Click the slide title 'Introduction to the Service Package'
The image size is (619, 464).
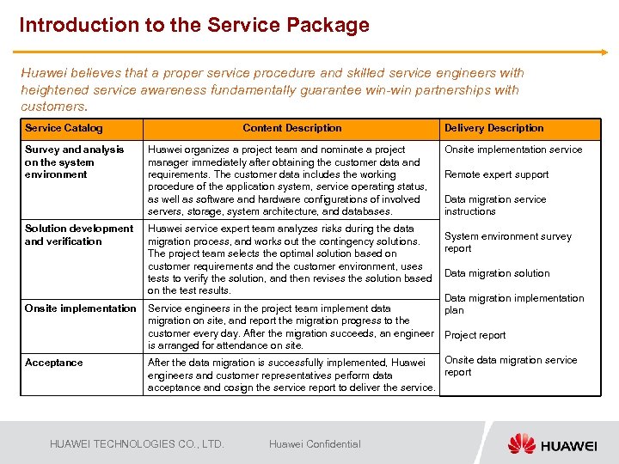194,25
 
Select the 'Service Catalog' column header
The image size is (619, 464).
64,128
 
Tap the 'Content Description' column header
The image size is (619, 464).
292,128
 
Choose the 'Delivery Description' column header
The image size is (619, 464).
493,128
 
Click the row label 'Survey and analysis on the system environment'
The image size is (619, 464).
75,162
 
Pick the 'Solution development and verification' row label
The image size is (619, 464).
79,235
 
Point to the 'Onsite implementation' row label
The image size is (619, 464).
80,308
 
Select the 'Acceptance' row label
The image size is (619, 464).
54,363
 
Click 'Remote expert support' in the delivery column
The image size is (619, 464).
496,174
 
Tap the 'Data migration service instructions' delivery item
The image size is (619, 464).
495,205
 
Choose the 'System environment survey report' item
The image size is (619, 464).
507,242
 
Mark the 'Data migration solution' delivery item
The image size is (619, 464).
497,273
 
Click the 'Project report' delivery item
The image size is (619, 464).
475,335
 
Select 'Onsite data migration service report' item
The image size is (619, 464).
511,366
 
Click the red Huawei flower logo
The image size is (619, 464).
521,443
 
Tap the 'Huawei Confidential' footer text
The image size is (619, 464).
315,444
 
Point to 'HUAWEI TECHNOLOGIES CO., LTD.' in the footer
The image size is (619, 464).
137,444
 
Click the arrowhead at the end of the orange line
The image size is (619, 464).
604,52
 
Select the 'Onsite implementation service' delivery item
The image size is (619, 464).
513,150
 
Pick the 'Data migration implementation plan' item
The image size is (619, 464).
513,304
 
